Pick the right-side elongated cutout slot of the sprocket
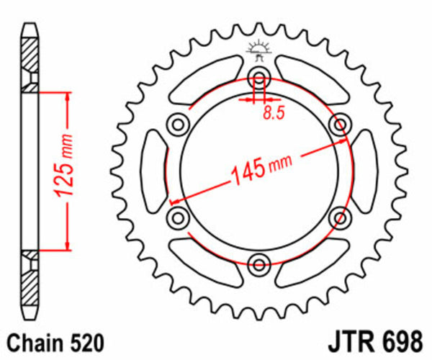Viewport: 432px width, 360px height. pyautogui.click(x=363, y=170)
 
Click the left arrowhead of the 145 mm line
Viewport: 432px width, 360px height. pyautogui.click(x=173, y=200)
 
